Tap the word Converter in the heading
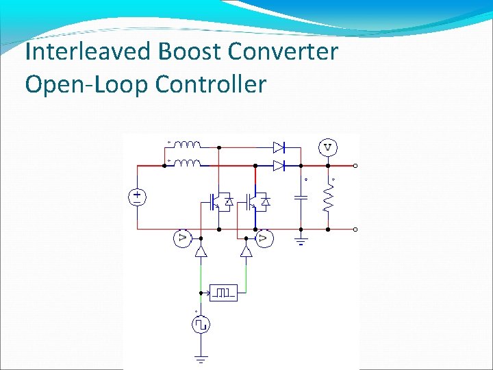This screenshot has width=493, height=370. click(292, 52)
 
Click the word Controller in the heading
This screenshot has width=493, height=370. click(211, 84)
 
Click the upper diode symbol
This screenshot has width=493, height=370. click(278, 147)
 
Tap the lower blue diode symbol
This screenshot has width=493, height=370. click(278, 165)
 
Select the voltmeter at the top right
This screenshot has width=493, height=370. click(328, 147)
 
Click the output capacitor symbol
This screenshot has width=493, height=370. click(300, 198)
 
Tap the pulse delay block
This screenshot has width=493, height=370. click(223, 293)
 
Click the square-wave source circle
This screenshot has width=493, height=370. click(201, 324)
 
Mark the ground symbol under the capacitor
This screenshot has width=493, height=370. click(300, 240)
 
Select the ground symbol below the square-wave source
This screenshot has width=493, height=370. click(201, 358)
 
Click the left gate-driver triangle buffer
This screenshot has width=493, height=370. click(201, 251)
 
